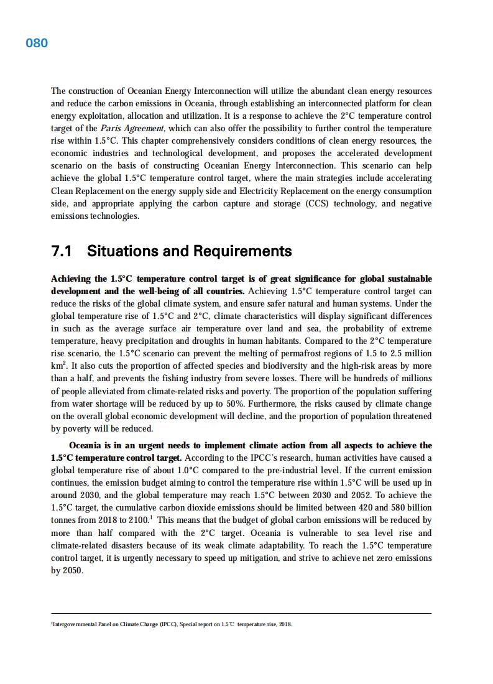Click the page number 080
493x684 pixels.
tap(37, 43)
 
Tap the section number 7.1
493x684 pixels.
tap(62, 251)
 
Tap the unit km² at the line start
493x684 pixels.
tap(58, 366)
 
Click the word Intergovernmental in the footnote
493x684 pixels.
tap(75, 624)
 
